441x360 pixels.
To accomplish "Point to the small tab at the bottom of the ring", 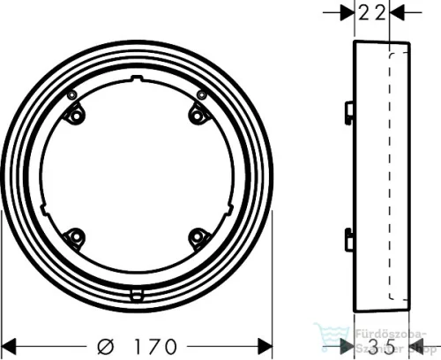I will point(137,296).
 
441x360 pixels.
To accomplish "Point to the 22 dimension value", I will point(371,12).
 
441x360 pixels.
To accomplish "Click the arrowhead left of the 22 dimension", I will point(347,12).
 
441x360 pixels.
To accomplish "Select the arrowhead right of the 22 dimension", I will point(396,12).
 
